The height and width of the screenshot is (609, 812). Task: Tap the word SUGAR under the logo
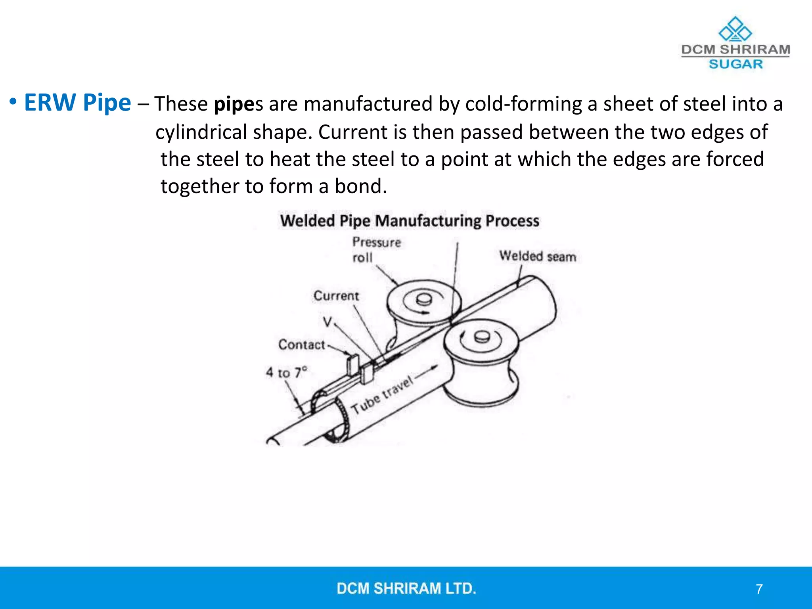point(735,64)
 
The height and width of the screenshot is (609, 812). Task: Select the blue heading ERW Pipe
point(77,102)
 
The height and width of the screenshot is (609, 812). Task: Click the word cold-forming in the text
point(523,104)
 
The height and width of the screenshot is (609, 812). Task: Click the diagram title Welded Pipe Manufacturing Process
point(410,221)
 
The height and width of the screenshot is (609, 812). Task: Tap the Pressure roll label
point(376,249)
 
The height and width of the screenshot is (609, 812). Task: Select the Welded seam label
point(537,256)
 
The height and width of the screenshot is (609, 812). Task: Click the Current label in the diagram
point(336,296)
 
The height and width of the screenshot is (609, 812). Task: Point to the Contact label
point(301,345)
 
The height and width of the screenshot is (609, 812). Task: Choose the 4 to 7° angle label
point(286,372)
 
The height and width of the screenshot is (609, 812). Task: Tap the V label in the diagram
point(327,322)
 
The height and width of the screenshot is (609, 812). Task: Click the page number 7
point(759,589)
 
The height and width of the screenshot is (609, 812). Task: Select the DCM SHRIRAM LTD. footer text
point(406,588)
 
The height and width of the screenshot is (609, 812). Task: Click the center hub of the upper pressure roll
point(424,299)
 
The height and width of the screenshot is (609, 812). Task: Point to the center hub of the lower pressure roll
point(481,337)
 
